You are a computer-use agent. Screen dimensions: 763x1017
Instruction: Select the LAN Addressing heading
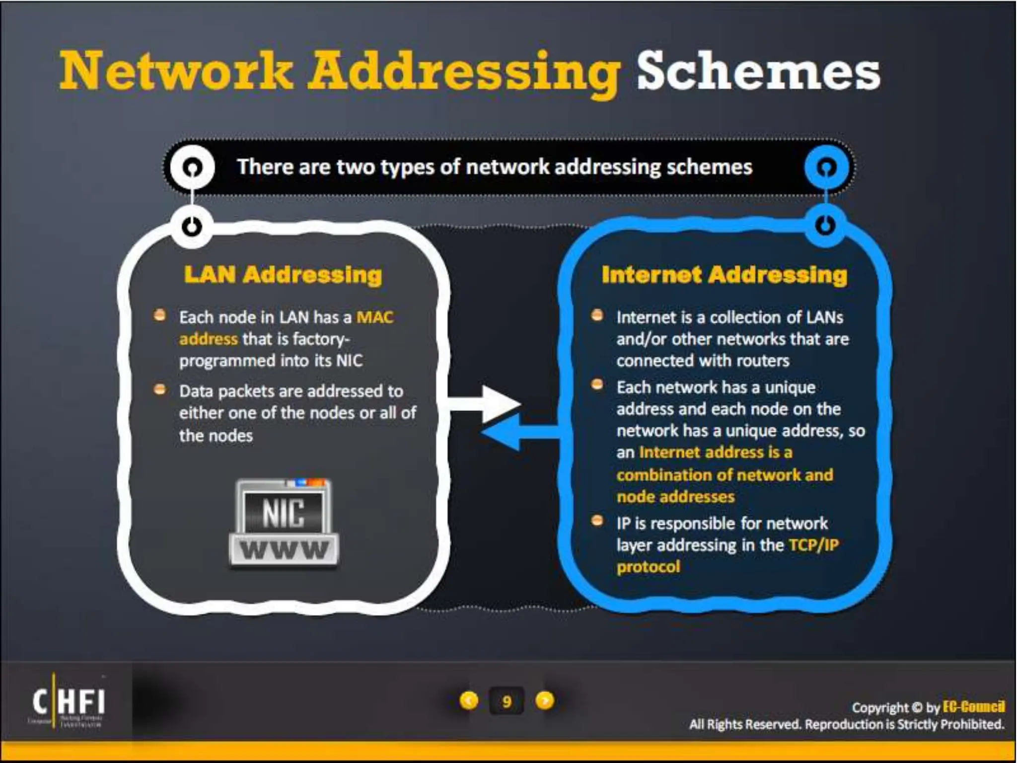[283, 275]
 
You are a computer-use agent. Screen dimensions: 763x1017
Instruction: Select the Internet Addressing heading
[724, 275]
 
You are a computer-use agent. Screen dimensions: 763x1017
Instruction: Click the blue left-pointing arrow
[516, 433]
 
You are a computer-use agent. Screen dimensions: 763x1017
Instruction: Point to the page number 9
[507, 701]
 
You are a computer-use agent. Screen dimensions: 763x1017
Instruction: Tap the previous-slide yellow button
[469, 700]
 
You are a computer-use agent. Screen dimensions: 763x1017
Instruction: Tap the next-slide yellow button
[545, 700]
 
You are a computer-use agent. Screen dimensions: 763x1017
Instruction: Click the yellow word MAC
[375, 317]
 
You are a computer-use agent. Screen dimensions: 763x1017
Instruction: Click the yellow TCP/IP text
[814, 545]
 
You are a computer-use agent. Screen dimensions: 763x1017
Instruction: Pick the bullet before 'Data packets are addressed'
[159, 389]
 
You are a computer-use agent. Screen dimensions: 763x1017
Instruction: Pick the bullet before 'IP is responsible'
[597, 521]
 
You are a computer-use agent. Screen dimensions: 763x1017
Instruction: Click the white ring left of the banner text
[192, 167]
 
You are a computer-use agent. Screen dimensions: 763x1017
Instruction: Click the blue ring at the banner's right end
[826, 167]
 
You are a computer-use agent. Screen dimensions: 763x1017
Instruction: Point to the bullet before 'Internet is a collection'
[597, 315]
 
